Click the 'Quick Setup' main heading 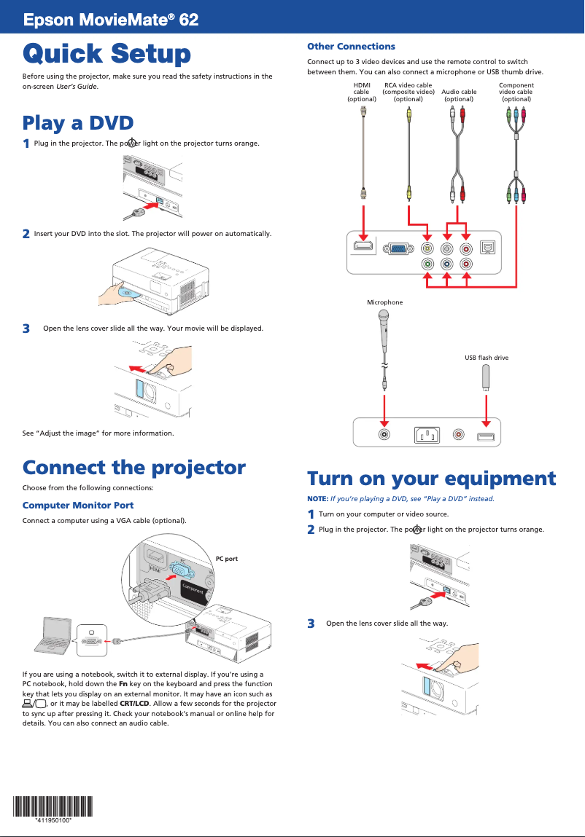[106, 54]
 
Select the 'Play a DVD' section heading [77, 122]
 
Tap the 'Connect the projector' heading [133, 467]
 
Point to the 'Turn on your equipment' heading [431, 479]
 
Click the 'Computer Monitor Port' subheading [77, 505]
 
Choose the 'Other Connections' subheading [351, 47]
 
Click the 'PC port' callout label [226, 559]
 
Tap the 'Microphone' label [384, 302]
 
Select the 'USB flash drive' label [487, 358]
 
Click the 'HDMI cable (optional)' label [362, 92]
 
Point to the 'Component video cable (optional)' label [516, 92]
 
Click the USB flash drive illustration [486, 377]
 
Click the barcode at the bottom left [53, 806]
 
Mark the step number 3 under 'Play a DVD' [26, 329]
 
